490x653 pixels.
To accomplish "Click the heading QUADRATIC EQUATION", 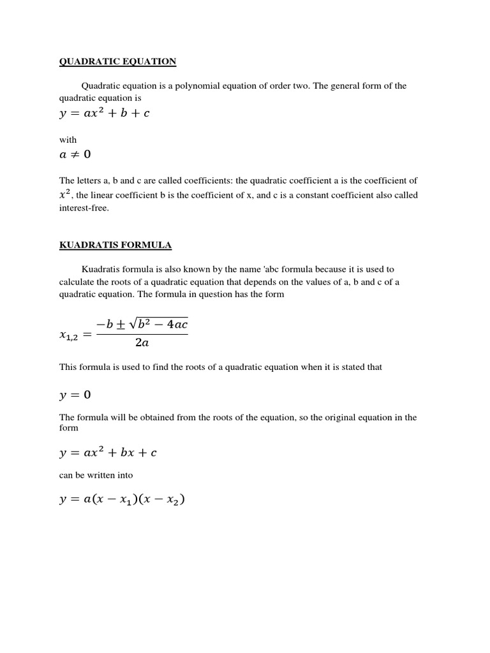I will pos(117,61).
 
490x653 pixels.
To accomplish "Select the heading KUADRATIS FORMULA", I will pos(115,245).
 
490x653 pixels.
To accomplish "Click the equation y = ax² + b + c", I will pos(105,114).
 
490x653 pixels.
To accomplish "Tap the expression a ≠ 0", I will pos(75,154).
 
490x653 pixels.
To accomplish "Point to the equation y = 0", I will pos(75,395).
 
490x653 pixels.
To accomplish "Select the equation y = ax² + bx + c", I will pos(108,453).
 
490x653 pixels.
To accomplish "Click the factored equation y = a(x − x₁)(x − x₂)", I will pos(121,500).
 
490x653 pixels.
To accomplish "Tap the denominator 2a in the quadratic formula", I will pos(142,342).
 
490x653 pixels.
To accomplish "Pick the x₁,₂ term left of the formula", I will pos(70,334).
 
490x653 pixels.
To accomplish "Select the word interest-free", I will pos(84,209).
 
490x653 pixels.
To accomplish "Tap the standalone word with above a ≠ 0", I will pos(68,140).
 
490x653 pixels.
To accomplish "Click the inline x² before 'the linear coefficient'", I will pos(66,194).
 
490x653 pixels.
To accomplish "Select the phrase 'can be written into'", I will pos(96,475).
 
